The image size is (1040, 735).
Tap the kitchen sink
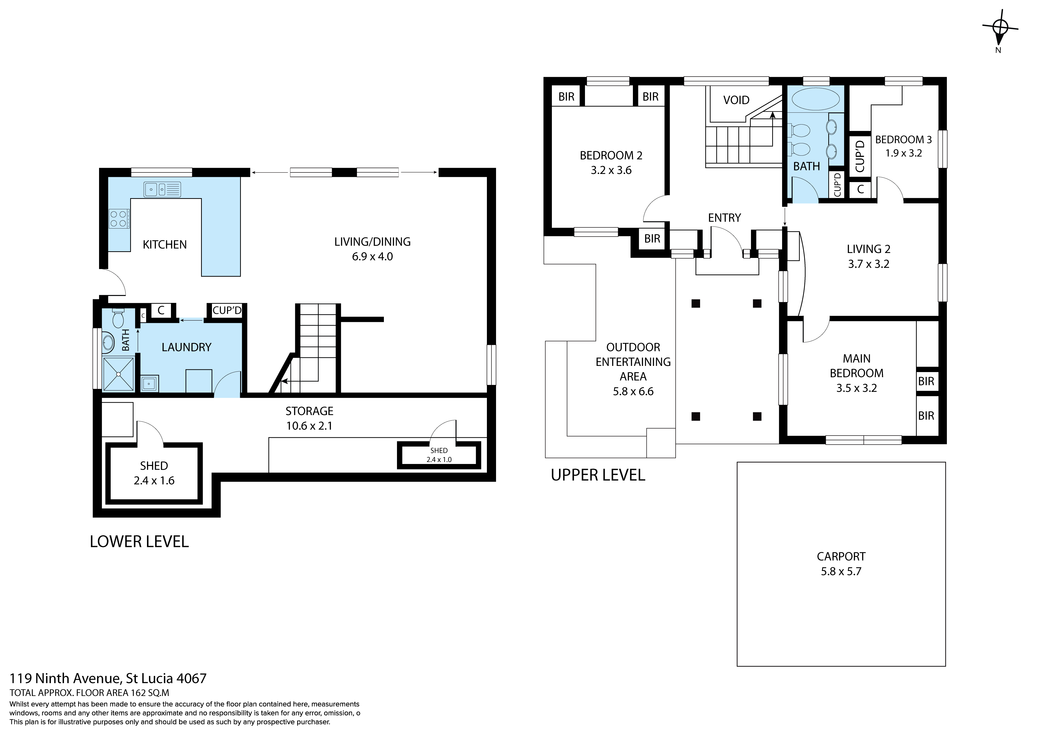(162, 189)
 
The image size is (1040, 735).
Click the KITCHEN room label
(165, 245)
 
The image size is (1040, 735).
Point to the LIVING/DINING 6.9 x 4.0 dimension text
(372, 256)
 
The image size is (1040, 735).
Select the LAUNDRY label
(187, 347)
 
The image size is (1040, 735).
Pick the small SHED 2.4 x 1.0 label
(439, 455)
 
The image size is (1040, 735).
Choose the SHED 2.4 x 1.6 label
(154, 473)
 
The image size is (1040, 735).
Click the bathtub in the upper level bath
(815, 99)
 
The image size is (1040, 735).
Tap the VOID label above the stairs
(736, 100)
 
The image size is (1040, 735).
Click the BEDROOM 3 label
(903, 140)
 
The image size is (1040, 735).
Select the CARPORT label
(841, 556)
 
